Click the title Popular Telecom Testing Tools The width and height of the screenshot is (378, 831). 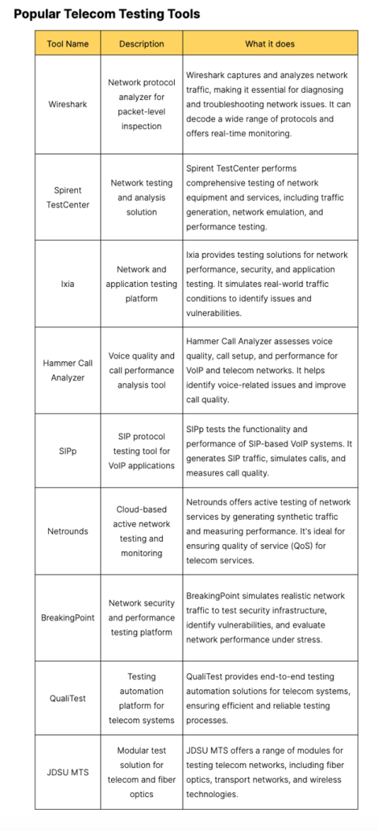click(107, 13)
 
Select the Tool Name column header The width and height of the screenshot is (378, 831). click(67, 44)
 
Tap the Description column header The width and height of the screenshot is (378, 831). click(142, 44)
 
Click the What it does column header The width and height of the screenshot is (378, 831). click(270, 44)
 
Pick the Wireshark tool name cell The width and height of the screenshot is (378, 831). click(67, 104)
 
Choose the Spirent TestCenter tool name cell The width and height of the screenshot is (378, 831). click(67, 197)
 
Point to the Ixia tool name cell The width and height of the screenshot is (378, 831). click(67, 284)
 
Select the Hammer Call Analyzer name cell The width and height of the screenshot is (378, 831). click(67, 371)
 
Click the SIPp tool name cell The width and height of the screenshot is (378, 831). click(67, 451)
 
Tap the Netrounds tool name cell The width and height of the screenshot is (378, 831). click(67, 531)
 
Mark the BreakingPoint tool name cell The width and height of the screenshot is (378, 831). click(67, 617)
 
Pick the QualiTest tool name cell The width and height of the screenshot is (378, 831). click(67, 698)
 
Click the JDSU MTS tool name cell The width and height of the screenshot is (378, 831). click(67, 772)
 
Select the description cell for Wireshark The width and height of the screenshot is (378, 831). click(142, 104)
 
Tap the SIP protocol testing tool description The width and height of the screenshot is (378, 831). click(142, 451)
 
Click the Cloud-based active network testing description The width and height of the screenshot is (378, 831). click(142, 531)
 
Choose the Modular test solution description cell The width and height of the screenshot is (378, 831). click(142, 772)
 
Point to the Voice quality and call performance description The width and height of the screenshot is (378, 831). click(142, 371)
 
